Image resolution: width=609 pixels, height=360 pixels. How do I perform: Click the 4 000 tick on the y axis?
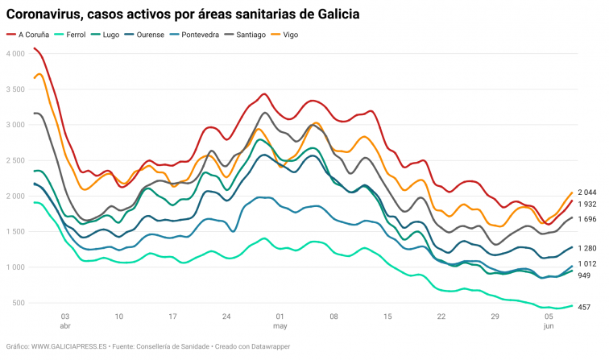pyautogui.click(x=15, y=53)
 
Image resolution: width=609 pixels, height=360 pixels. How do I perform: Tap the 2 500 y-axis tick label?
pyautogui.click(x=15, y=160)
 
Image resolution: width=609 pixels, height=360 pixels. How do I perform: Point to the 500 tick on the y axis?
pyautogui.click(x=18, y=303)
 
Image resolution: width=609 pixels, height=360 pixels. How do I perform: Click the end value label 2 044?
pyautogui.click(x=587, y=192)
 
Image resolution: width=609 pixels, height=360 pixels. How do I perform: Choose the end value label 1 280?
pyautogui.click(x=587, y=248)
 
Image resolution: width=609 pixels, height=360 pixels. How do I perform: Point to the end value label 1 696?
pyautogui.click(x=587, y=219)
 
